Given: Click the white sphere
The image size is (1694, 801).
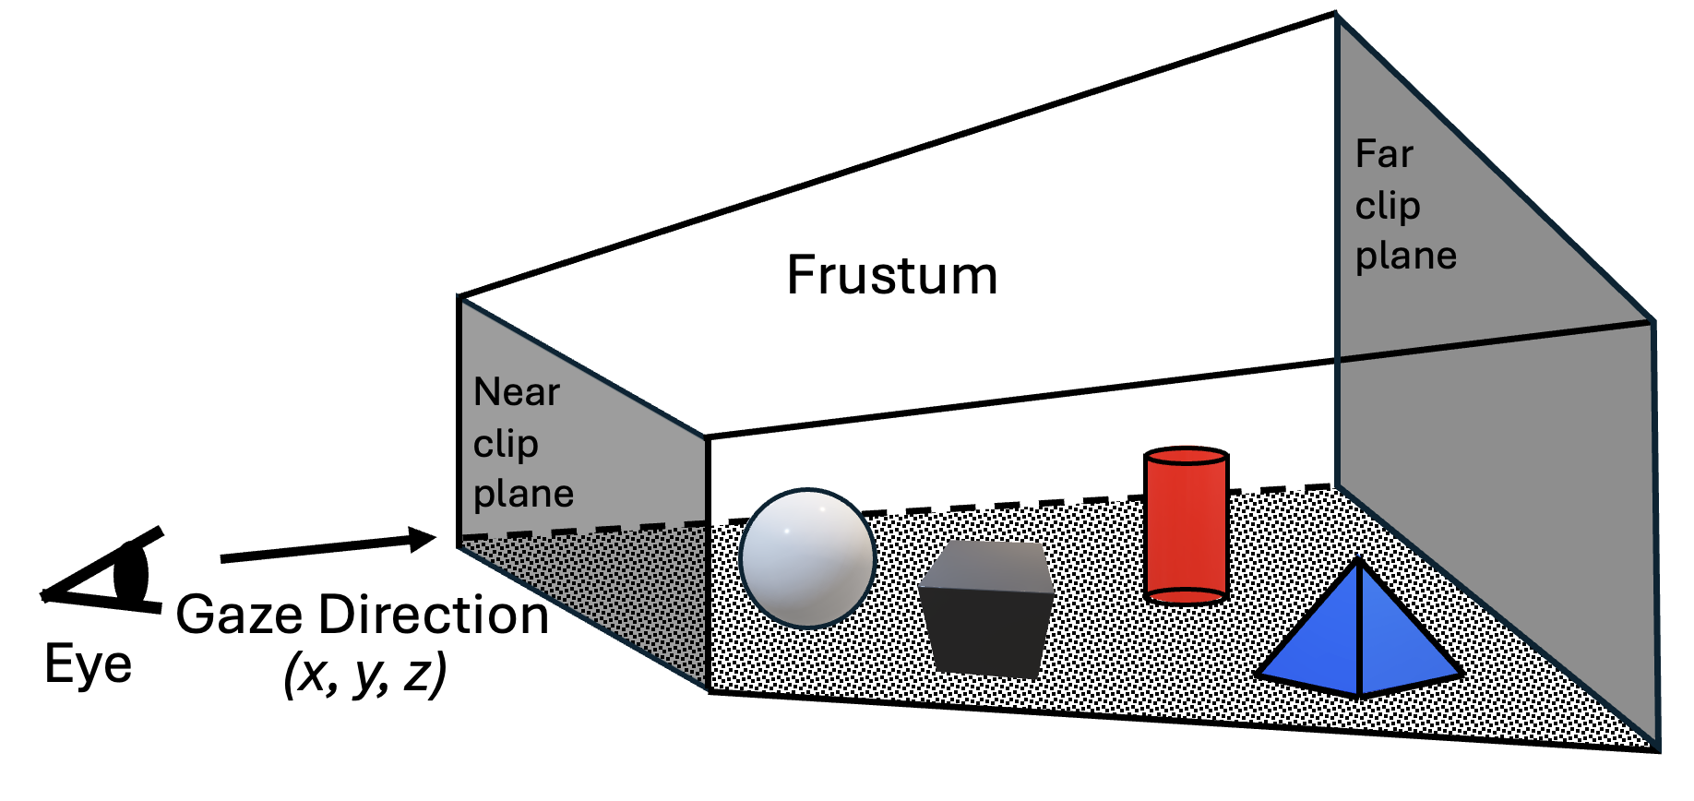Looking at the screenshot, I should click(x=807, y=558).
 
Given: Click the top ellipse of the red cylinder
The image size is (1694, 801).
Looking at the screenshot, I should click(x=1186, y=457).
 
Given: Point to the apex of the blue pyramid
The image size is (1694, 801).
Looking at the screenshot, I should click(x=1359, y=560).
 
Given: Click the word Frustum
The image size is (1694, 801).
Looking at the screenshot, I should click(x=891, y=275).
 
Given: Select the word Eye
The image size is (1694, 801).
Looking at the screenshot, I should click(x=88, y=664).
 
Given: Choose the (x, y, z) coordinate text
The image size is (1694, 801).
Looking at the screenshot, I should click(x=364, y=673).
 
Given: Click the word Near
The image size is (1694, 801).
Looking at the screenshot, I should click(x=516, y=392).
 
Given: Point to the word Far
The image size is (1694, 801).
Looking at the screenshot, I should click(x=1383, y=153).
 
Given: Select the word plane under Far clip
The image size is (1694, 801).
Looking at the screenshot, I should click(x=1405, y=256).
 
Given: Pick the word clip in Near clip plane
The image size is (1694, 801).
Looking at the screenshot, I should click(x=506, y=444).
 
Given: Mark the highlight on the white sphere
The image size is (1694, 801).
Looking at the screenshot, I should click(x=787, y=531).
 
